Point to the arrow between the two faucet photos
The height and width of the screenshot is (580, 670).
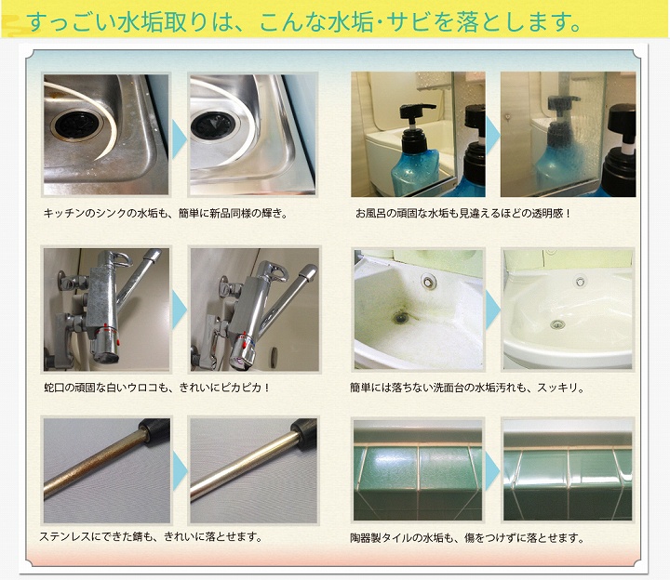tap(179, 307)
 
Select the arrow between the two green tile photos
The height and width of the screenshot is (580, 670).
tap(491, 471)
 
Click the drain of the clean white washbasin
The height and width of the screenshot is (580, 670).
tap(556, 324)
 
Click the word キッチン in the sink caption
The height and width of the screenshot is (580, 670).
tap(63, 214)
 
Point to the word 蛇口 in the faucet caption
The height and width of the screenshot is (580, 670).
tap(54, 387)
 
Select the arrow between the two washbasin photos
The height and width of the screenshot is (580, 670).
tap(491, 307)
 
